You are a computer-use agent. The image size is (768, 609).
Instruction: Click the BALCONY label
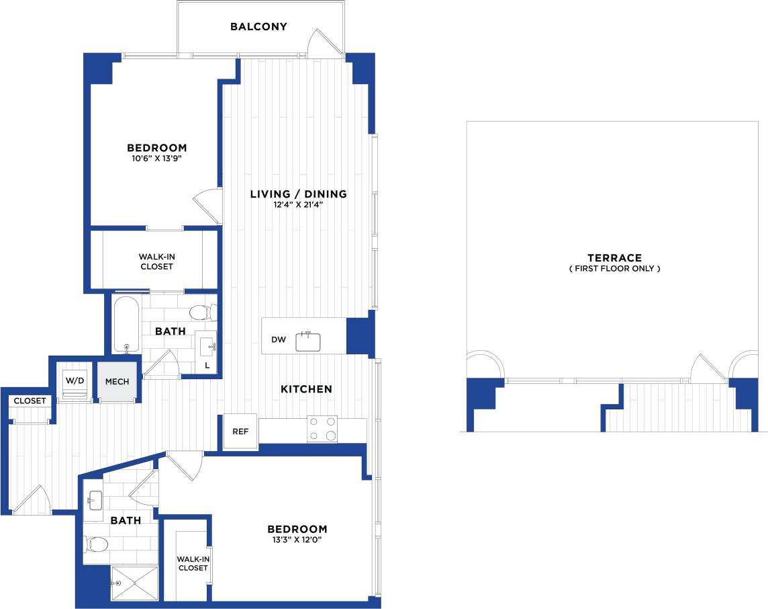click(x=258, y=27)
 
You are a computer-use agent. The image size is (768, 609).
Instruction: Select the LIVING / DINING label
click(x=298, y=194)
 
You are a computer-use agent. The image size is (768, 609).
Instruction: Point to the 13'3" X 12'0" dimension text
click(x=297, y=540)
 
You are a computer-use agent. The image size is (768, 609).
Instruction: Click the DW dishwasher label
click(x=279, y=339)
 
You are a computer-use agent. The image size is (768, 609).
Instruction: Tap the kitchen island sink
click(x=309, y=341)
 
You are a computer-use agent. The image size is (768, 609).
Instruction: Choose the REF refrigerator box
click(x=240, y=431)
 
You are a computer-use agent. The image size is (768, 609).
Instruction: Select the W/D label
click(x=74, y=380)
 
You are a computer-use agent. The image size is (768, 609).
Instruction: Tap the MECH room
click(x=117, y=381)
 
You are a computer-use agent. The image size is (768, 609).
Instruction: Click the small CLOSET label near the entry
click(x=30, y=401)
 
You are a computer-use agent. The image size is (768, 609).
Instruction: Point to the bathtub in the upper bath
click(x=126, y=325)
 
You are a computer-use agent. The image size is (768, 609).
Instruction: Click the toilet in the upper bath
click(x=201, y=313)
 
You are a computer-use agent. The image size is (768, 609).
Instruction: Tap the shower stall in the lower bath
click(x=134, y=583)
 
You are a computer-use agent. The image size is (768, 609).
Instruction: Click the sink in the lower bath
click(x=95, y=499)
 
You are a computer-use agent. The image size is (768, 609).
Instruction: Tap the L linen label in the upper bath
click(x=207, y=365)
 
